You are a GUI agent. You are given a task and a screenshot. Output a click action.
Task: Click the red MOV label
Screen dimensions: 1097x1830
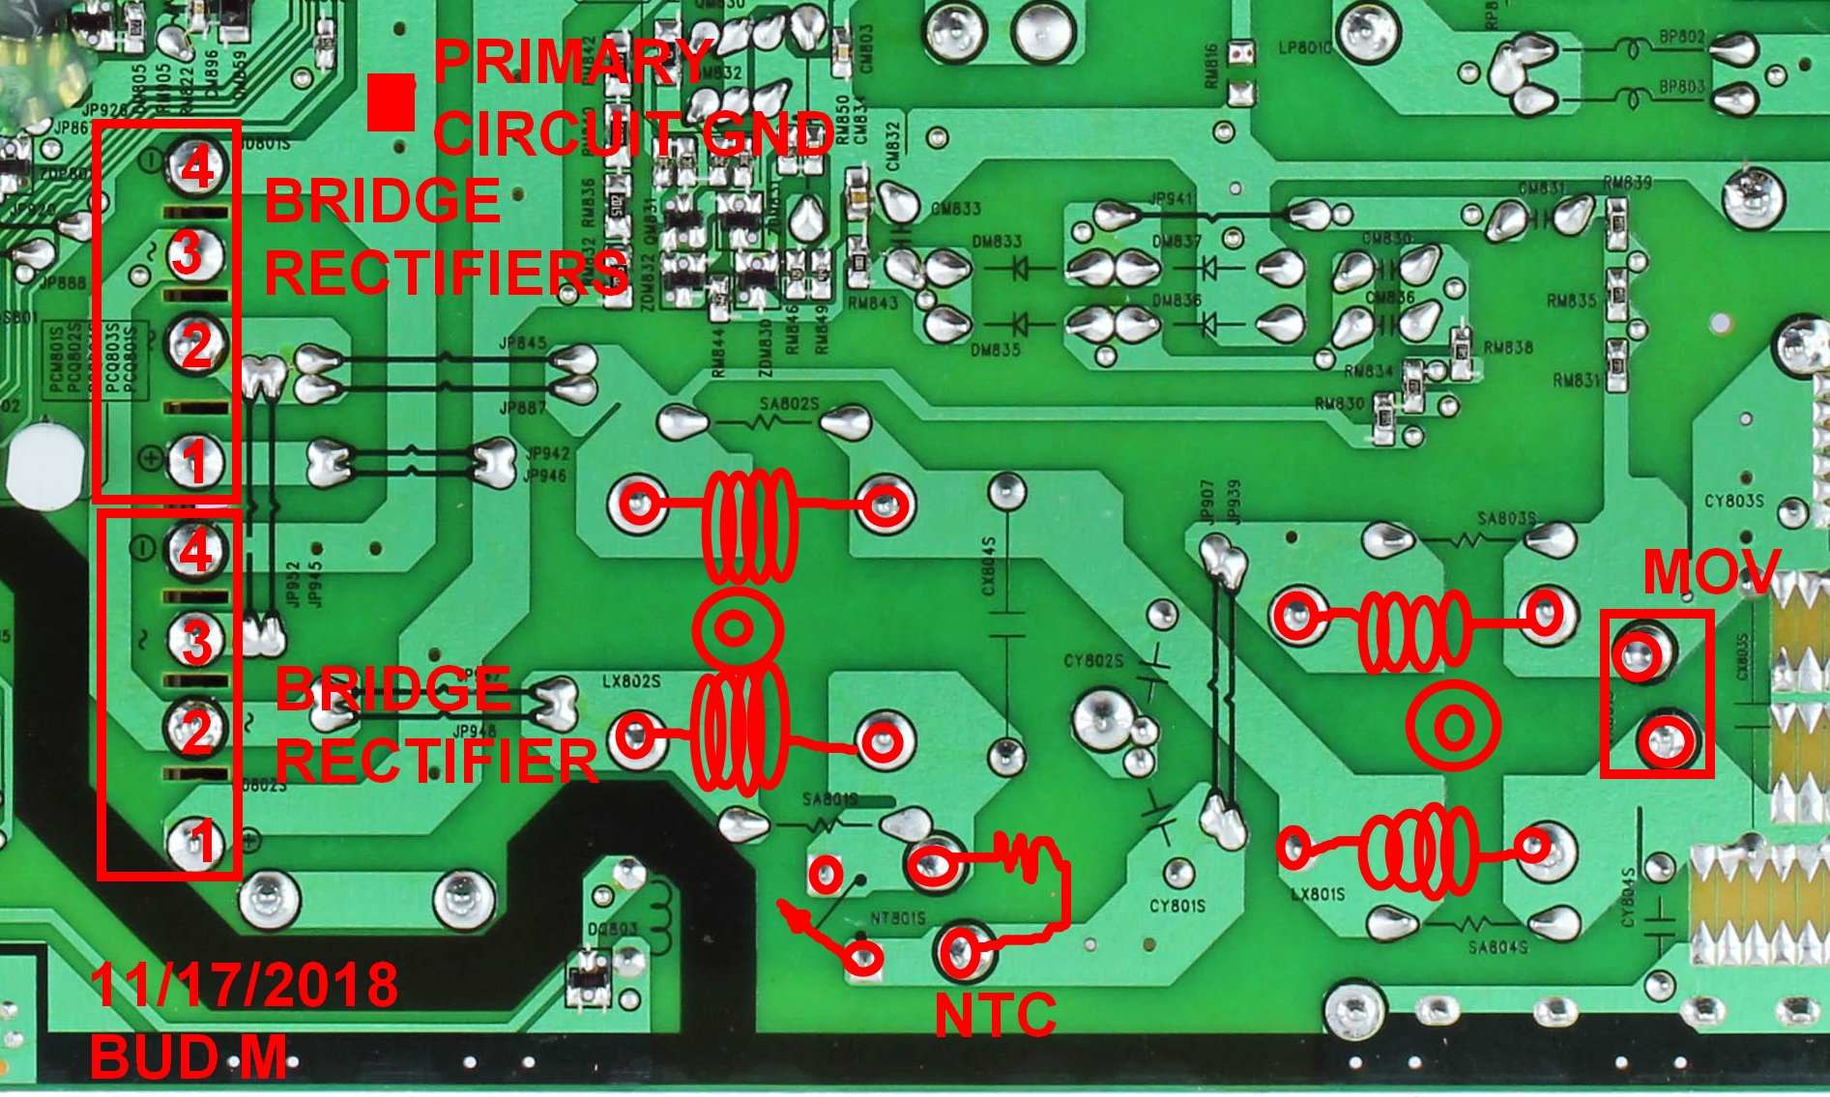point(1710,571)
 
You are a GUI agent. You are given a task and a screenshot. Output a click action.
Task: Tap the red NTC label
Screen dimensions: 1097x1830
point(995,1016)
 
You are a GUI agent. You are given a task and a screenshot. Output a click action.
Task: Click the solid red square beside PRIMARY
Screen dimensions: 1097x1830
point(391,102)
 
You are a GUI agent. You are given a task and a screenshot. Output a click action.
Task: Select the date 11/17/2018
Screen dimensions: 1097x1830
point(244,984)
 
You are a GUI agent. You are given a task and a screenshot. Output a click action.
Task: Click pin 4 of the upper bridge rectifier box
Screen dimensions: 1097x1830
point(196,166)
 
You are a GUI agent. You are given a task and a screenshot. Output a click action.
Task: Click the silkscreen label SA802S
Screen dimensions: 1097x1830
point(790,403)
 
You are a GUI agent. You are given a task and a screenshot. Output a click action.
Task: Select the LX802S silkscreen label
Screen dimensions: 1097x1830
point(631,681)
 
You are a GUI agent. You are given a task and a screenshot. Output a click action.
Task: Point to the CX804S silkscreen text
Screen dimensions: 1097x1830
point(988,567)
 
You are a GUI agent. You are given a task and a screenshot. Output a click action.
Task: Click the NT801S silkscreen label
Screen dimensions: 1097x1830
point(898,917)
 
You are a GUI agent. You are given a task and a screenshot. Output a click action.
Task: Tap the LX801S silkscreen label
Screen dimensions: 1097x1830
point(1317,894)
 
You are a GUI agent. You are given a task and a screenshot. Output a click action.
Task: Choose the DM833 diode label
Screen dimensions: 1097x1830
point(996,241)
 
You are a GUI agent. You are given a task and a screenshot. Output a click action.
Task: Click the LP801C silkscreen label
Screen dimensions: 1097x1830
point(1304,47)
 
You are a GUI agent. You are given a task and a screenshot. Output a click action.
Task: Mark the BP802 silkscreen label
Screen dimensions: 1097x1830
point(1682,37)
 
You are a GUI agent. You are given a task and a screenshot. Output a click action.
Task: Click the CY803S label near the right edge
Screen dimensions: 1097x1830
point(1733,501)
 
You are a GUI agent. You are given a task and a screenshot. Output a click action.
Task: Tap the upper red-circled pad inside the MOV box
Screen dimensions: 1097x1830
point(1641,657)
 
